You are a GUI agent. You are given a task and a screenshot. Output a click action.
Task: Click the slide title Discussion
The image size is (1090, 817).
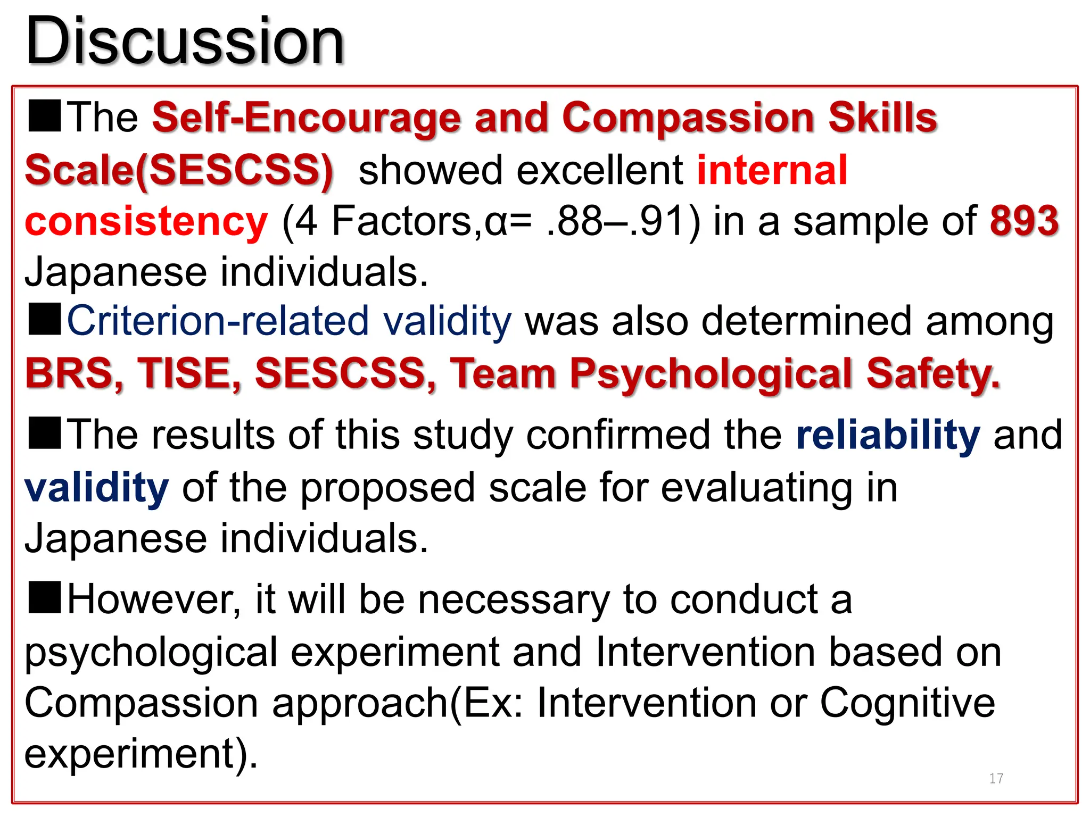pos(185,41)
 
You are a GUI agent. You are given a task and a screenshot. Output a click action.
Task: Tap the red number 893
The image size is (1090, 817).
pos(1024,221)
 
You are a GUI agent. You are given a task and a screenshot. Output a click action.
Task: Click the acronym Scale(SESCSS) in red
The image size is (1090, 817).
pos(179,170)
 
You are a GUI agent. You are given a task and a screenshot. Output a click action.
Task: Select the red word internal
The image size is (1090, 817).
pos(772,170)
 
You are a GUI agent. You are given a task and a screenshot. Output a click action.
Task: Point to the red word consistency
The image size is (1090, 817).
pos(146,222)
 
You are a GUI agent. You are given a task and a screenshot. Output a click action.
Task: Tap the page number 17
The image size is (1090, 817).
pos(996,779)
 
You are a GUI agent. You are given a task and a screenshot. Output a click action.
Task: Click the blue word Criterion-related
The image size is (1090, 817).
pos(218,321)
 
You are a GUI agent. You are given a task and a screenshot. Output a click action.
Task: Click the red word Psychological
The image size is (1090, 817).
pos(711,374)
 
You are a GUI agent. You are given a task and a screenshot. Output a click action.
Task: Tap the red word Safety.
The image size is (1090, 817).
pos(933,374)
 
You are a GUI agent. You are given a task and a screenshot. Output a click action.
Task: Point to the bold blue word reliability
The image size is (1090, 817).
pos(888,435)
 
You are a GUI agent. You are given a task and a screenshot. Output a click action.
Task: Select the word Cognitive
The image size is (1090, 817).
pos(907,703)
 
